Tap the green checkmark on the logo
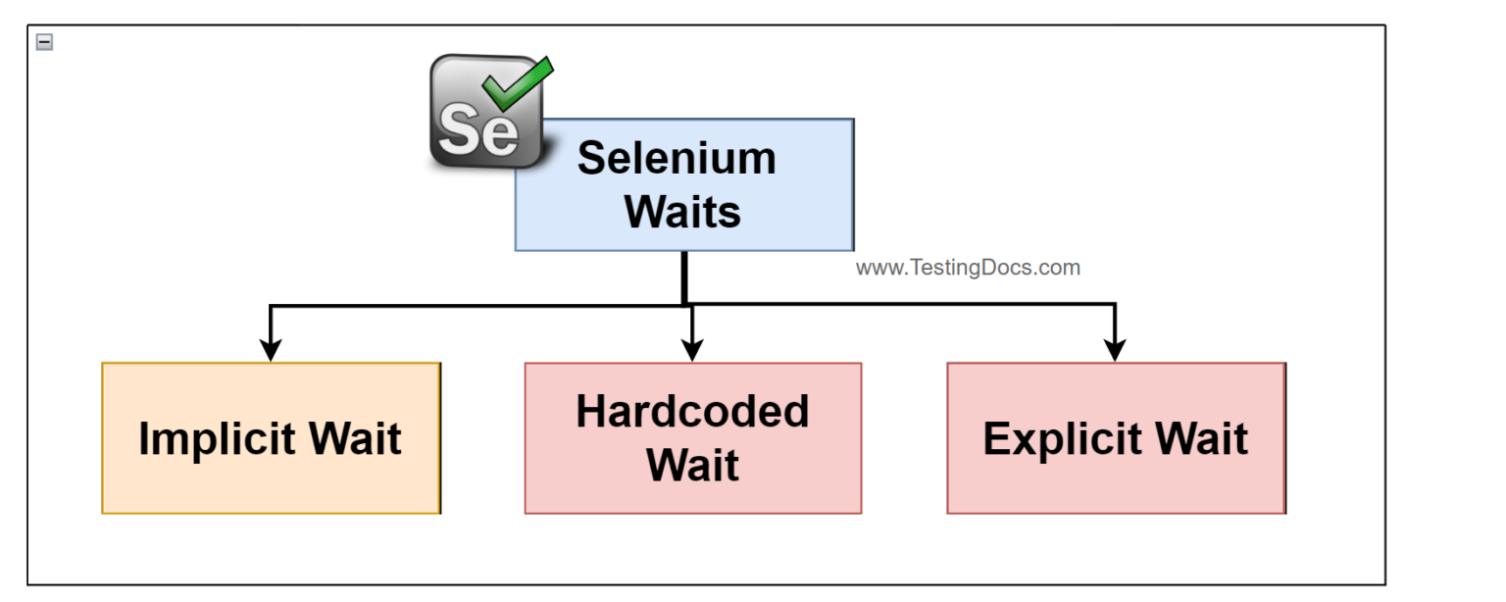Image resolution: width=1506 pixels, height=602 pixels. click(x=519, y=82)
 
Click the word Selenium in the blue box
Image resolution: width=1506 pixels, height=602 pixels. click(x=677, y=159)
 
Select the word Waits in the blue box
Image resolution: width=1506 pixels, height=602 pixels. click(x=683, y=211)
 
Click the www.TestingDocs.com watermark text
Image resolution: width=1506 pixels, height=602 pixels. click(x=968, y=268)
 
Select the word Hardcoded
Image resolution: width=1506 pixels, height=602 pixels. click(x=692, y=412)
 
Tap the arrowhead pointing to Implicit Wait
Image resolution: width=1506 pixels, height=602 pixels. click(x=271, y=350)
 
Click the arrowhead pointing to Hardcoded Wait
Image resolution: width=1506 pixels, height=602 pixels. click(x=692, y=350)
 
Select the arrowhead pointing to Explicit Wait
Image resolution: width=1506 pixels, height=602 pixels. click(x=1115, y=350)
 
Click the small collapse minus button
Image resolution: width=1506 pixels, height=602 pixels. click(x=44, y=42)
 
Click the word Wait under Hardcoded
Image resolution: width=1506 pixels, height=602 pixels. click(x=692, y=465)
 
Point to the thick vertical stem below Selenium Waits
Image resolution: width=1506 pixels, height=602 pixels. click(x=683, y=276)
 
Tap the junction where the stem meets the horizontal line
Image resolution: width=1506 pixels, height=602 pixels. click(x=684, y=305)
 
